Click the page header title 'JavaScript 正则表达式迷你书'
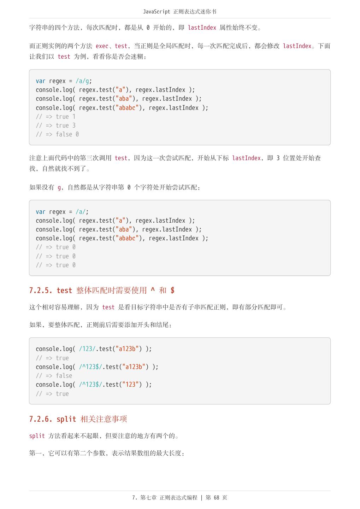(179, 12)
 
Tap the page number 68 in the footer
(217, 497)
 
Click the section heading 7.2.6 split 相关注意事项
(78, 419)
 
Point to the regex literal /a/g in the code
(82, 81)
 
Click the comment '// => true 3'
(55, 125)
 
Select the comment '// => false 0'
(57, 134)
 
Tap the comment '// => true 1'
(55, 117)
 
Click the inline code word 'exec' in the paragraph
(102, 46)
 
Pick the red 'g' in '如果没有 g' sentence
(59, 187)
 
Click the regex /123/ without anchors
(87, 349)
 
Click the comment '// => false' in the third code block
(54, 376)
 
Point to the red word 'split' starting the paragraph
(37, 436)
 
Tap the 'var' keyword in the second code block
(40, 212)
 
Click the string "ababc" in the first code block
(127, 108)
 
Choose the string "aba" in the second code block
(124, 229)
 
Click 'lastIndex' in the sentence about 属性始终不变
(202, 28)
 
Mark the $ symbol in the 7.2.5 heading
(172, 290)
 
